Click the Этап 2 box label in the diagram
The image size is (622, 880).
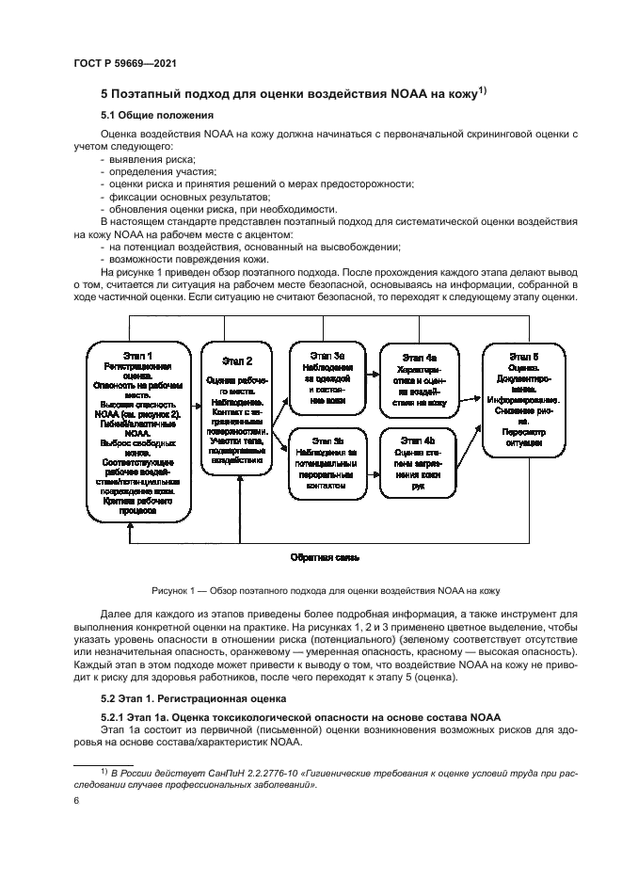pos(237,360)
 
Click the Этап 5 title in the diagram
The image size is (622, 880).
pos(523,357)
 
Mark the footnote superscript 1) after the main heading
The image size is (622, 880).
pos(482,89)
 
